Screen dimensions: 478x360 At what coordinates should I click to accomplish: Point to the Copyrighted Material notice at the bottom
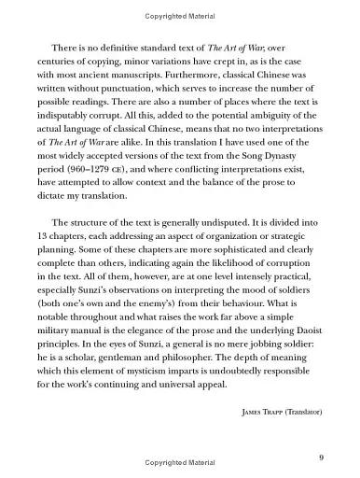coord(179,463)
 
